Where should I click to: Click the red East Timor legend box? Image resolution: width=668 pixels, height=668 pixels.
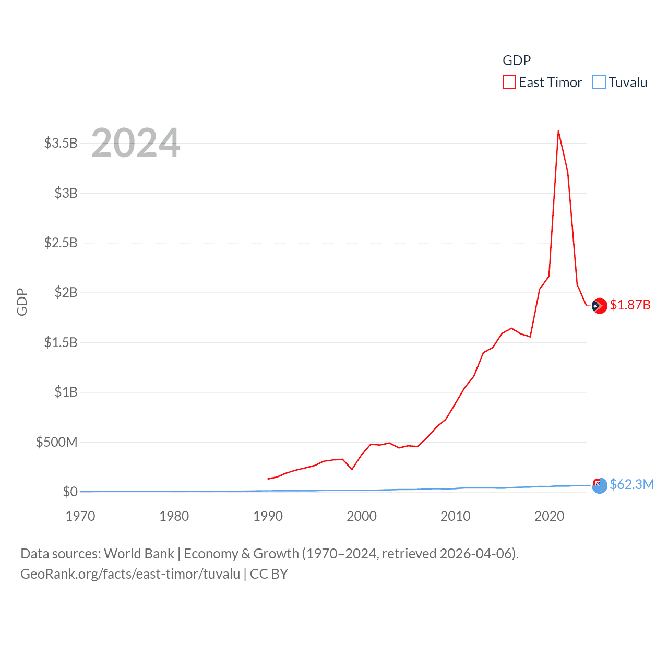tap(509, 82)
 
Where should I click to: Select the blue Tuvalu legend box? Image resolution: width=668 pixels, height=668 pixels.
tap(599, 82)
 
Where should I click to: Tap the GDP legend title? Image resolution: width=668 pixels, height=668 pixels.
tap(517, 61)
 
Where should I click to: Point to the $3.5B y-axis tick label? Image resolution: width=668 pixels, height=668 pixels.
tap(61, 143)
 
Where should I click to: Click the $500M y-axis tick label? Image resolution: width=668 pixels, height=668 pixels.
tap(56, 442)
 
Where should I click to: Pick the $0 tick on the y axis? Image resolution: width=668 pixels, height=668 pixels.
tap(70, 492)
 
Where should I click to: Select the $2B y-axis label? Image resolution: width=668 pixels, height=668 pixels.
tap(66, 292)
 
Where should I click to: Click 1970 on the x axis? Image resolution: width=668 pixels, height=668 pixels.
tap(80, 516)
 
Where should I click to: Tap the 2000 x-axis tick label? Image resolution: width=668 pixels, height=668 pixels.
tap(362, 516)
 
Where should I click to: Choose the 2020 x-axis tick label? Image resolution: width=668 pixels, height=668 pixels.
tap(549, 516)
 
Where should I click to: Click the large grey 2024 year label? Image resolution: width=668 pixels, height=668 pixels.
tap(136, 143)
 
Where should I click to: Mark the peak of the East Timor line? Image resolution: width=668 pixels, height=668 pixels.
tap(558, 131)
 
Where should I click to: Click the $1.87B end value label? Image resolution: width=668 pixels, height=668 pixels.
tap(630, 305)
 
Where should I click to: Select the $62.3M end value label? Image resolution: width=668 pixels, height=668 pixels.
tap(631, 484)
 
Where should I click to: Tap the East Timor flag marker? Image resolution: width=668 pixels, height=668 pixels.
tap(599, 306)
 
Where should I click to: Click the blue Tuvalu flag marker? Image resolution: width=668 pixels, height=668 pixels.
tap(600, 486)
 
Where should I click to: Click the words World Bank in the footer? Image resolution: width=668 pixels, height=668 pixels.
tap(139, 554)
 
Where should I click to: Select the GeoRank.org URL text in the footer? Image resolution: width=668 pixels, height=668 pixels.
tap(130, 574)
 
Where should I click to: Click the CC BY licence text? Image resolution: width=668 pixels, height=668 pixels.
tap(269, 574)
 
